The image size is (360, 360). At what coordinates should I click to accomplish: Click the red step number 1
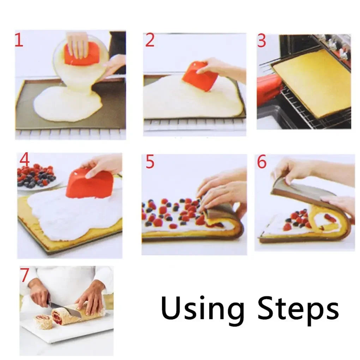tap(19, 40)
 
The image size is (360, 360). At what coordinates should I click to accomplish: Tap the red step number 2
tap(150, 41)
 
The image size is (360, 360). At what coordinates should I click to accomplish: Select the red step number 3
tap(262, 41)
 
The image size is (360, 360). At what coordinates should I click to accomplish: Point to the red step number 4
tap(24, 160)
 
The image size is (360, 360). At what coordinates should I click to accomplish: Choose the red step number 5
tap(150, 162)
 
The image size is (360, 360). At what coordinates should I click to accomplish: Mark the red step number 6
tap(262, 162)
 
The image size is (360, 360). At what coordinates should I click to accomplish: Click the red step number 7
tap(24, 275)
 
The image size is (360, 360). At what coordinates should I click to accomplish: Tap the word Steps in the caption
tap(298, 308)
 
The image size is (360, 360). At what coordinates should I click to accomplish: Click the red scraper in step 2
tap(200, 77)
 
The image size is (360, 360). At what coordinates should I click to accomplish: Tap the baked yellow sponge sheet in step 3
tap(312, 83)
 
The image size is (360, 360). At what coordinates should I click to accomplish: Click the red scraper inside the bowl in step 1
tap(82, 54)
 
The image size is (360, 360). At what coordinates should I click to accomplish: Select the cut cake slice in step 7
tap(43, 322)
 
